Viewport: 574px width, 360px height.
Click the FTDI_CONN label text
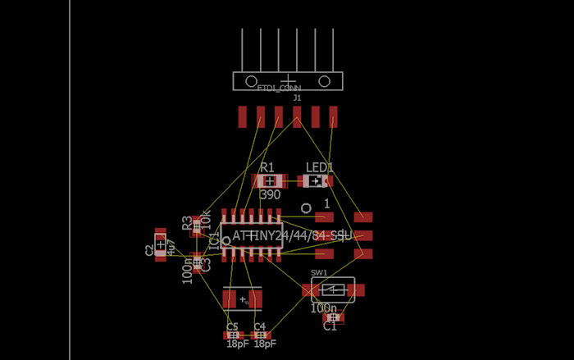tap(279, 87)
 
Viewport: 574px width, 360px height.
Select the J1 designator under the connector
tap(297, 98)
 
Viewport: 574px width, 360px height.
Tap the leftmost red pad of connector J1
tap(243, 116)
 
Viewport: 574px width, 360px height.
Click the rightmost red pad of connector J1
tap(333, 116)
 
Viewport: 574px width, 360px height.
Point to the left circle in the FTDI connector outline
tap(252, 80)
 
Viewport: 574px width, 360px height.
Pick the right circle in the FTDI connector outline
tap(324, 80)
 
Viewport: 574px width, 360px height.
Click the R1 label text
tap(267, 167)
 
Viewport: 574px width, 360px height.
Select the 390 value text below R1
tap(270, 195)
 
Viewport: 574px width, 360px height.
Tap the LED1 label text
tap(320, 167)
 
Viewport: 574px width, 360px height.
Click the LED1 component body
tap(315, 180)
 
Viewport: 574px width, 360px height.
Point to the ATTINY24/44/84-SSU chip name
tap(291, 236)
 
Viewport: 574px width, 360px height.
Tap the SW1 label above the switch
tap(319, 272)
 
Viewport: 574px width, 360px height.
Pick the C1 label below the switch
tap(330, 326)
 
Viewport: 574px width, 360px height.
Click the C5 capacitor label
tap(232, 326)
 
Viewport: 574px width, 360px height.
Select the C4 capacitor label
tap(260, 326)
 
